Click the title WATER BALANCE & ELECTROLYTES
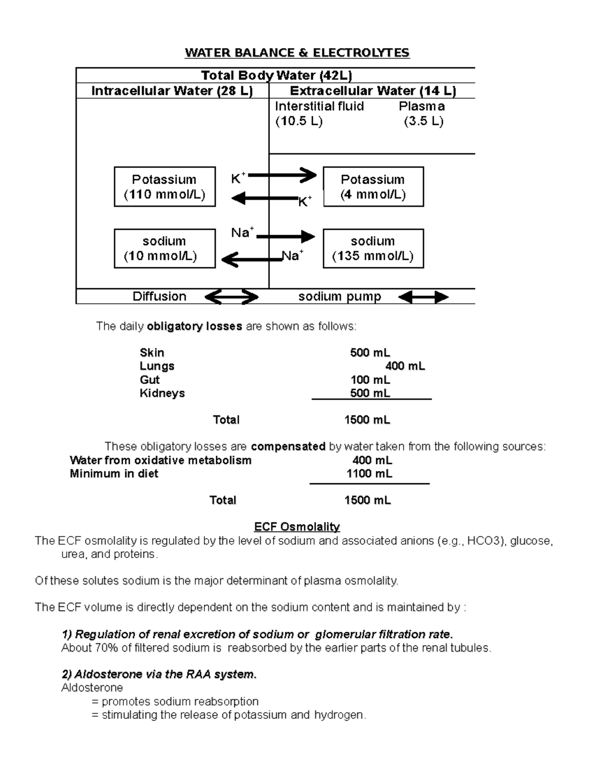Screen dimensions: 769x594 coord(297,52)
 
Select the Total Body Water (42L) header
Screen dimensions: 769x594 coord(276,75)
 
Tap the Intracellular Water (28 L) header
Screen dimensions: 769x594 coord(172,91)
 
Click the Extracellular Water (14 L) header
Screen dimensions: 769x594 coord(373,91)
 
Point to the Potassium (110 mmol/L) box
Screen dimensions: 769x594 coord(164,187)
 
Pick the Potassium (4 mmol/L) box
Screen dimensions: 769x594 coord(373,187)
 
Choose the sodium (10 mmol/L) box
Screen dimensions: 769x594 coord(164,249)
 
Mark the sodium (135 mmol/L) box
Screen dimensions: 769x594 coord(373,249)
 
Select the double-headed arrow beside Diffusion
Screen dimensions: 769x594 coord(231,297)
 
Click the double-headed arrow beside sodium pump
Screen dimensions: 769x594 coord(423,297)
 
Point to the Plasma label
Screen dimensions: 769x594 coord(422,106)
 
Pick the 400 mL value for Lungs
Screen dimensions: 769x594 coord(405,366)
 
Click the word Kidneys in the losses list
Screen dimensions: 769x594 coord(162,393)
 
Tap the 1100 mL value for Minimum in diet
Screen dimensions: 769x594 coord(369,474)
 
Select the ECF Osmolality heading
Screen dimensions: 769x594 coord(297,526)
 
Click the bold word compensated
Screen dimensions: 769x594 coord(288,447)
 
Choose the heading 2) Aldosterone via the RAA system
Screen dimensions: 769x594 coord(159,674)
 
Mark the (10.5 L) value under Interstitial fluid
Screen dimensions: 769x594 coord(298,121)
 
